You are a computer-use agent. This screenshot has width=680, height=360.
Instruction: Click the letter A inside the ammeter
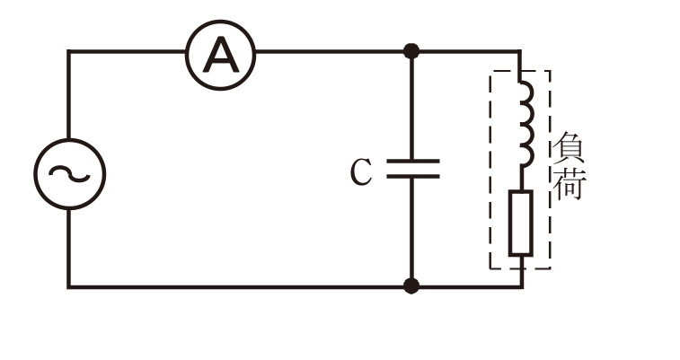click(221, 55)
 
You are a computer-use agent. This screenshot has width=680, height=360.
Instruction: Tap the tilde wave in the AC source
click(69, 174)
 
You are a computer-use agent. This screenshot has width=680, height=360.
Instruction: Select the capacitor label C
click(360, 172)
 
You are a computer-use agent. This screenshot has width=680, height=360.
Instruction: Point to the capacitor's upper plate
click(412, 162)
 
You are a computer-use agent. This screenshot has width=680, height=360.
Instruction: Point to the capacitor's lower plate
click(412, 176)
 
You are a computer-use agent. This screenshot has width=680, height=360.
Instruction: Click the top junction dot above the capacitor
click(411, 51)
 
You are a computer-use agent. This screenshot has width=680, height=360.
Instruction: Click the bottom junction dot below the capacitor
click(411, 285)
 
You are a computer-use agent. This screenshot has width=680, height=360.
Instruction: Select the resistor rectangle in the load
click(520, 223)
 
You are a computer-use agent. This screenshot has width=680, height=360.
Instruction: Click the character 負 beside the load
click(569, 147)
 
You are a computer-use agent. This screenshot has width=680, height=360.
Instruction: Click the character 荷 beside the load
click(570, 183)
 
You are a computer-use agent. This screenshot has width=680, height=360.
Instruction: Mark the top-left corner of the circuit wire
click(68, 51)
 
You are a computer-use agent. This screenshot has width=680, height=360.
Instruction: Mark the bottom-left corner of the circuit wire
click(68, 286)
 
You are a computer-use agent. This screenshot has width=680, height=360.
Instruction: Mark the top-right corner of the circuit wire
click(520, 51)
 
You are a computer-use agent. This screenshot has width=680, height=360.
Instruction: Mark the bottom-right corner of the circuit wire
click(522, 286)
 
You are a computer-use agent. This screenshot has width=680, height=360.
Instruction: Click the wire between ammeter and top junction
click(330, 51)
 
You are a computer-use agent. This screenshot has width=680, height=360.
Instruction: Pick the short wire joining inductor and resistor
click(521, 179)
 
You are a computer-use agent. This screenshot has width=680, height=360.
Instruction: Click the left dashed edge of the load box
click(491, 170)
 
